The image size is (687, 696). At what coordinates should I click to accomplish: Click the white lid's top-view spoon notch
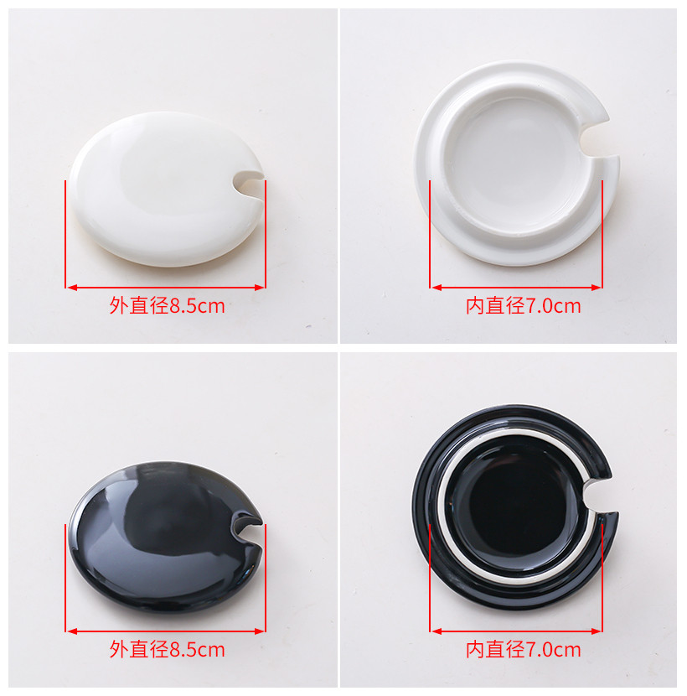(247, 182)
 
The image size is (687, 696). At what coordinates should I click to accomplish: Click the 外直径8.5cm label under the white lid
(168, 306)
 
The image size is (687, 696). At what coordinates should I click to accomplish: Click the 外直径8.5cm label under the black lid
(168, 649)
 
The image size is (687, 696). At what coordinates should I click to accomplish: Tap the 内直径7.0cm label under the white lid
(524, 306)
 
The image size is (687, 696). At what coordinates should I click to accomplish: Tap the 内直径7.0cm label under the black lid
(524, 649)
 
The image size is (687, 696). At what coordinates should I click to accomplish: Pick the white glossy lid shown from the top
(167, 189)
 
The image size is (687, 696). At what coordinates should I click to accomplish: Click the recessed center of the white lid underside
(518, 164)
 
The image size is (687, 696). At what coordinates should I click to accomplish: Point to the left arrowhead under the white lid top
(72, 288)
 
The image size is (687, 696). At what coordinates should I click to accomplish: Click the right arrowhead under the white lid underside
(596, 288)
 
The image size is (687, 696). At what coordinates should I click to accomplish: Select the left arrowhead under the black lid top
(72, 631)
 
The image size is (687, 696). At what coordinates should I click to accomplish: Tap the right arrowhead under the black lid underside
(596, 631)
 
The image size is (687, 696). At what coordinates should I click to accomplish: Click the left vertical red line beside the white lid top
(65, 234)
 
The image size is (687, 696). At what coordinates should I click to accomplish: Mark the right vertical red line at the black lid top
(266, 578)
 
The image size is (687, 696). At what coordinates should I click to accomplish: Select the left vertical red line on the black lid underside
(430, 578)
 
